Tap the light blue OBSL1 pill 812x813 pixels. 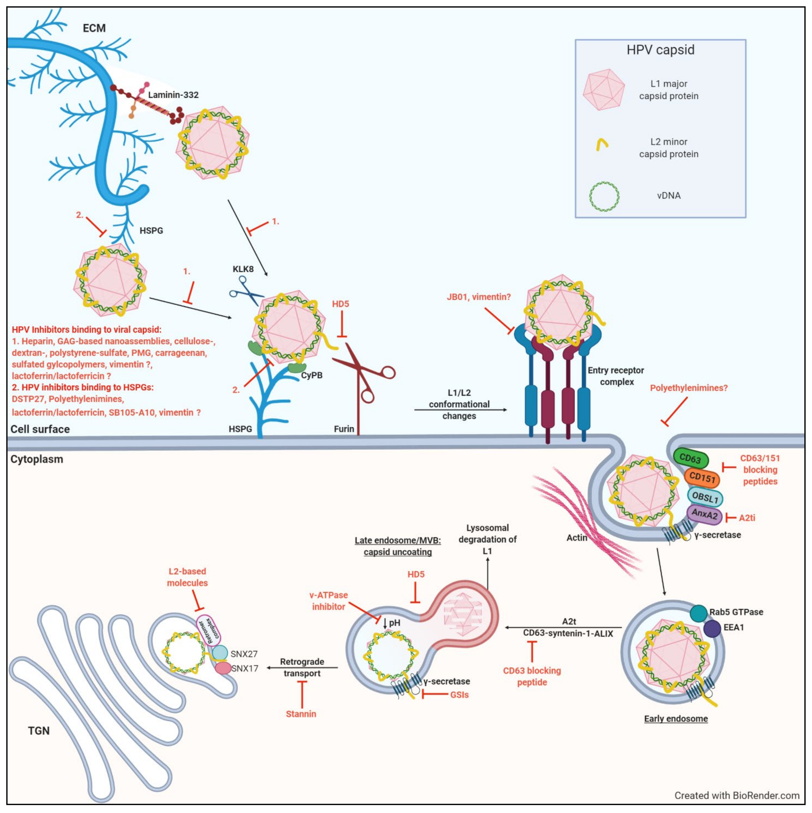(x=705, y=497)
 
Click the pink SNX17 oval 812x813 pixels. (x=223, y=668)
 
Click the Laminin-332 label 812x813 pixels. (x=173, y=95)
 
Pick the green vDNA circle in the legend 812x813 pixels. (x=604, y=196)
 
